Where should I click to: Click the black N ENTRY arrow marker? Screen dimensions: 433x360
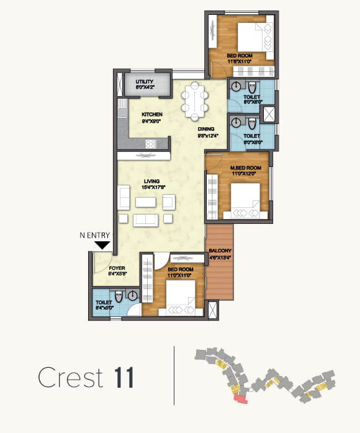pos(102,245)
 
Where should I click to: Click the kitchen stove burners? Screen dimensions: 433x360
pos(150,144)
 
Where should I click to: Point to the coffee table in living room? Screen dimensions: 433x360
pos(146,202)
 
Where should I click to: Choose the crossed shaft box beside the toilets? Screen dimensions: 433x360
pos(271,115)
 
